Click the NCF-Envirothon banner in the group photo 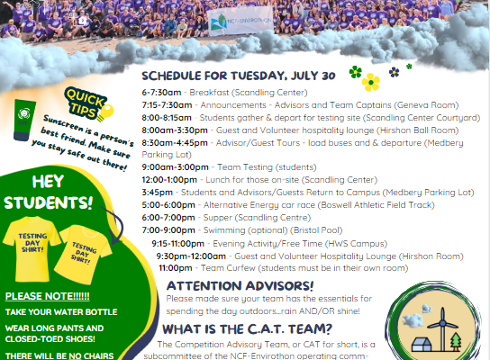240,21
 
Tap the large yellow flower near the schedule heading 371,83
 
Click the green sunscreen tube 23,120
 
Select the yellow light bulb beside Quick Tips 105,113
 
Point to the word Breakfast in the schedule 209,93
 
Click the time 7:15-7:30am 167,105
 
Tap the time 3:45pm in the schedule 158,193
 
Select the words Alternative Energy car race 259,205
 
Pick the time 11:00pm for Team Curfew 176,268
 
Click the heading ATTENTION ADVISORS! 240,285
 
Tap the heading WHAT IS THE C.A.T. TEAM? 247,329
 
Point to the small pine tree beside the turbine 456,341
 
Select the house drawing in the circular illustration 422,344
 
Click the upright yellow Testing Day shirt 32,248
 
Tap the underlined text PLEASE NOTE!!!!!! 47,296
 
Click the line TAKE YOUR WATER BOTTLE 61,312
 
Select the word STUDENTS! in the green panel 49,202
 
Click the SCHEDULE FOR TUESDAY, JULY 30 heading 239,76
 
